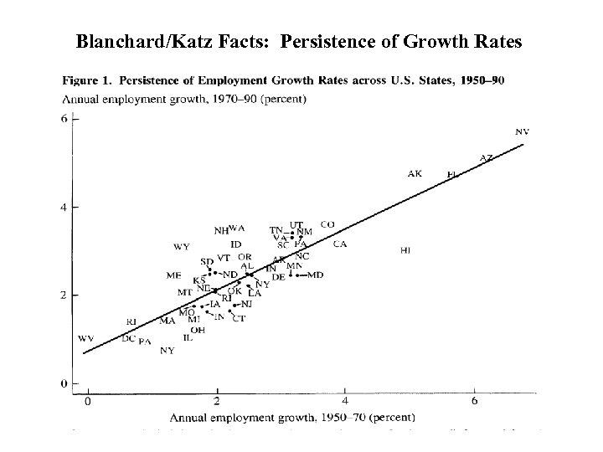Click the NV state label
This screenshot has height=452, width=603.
click(522, 131)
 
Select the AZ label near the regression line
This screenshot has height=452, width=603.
click(486, 157)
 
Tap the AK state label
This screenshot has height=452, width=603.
click(415, 174)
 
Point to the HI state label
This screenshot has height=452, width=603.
click(405, 250)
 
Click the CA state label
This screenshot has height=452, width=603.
click(339, 244)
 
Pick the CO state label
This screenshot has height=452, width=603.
click(327, 224)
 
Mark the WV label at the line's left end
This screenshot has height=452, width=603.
click(85, 339)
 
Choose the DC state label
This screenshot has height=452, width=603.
click(128, 339)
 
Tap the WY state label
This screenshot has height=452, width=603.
click(181, 247)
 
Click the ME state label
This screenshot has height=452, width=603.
click(173, 275)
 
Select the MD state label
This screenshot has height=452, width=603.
click(315, 275)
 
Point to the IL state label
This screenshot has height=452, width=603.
click(188, 338)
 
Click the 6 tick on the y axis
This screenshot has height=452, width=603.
click(64, 119)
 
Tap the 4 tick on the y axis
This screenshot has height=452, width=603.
click(64, 207)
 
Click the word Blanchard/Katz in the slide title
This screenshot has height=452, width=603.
click(126, 40)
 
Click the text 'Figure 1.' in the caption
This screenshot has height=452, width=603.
click(88, 81)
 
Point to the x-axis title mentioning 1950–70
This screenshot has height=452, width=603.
click(295, 416)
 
